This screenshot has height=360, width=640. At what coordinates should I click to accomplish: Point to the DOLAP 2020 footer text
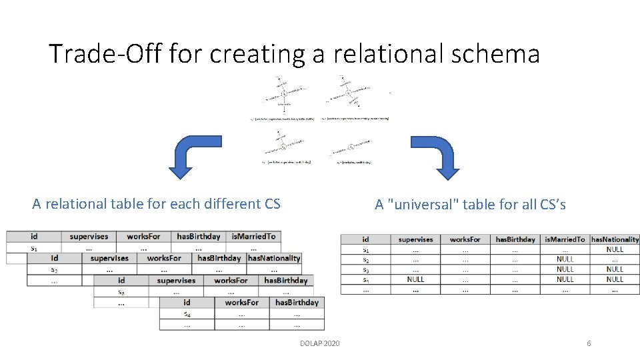pyautogui.click(x=320, y=343)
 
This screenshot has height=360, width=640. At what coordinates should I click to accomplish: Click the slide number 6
pyautogui.click(x=589, y=343)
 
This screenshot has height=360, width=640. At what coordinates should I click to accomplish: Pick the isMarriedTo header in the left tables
pyautogui.click(x=253, y=236)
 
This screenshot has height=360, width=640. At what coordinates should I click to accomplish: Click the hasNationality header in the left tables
pyautogui.click(x=274, y=258)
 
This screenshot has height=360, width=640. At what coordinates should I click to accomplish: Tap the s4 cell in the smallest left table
pyautogui.click(x=187, y=313)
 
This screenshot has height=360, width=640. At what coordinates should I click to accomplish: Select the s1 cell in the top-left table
pyautogui.click(x=33, y=247)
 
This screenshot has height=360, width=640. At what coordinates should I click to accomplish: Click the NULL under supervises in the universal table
pyautogui.click(x=415, y=279)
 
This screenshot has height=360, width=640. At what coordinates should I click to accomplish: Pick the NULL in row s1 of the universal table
pyautogui.click(x=615, y=249)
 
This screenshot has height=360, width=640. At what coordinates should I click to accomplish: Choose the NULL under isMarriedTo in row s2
pyautogui.click(x=565, y=259)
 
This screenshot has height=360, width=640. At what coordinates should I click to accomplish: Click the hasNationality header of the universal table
pyautogui.click(x=615, y=239)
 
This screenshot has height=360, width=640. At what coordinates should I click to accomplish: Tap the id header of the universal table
pyautogui.click(x=365, y=239)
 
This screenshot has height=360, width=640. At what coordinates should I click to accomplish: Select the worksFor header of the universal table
pyautogui.click(x=465, y=239)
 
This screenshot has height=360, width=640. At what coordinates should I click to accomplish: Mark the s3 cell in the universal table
pyautogui.click(x=365, y=269)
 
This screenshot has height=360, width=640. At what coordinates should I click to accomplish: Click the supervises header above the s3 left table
pyautogui.click(x=175, y=281)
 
